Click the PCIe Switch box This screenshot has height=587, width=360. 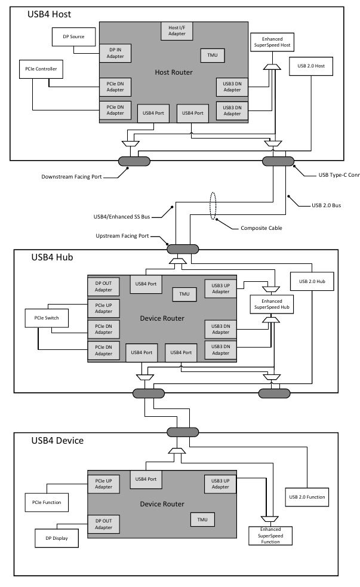pos(46,319)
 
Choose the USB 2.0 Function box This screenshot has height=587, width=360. pos(307,497)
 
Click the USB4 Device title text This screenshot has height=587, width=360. pos(57,441)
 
